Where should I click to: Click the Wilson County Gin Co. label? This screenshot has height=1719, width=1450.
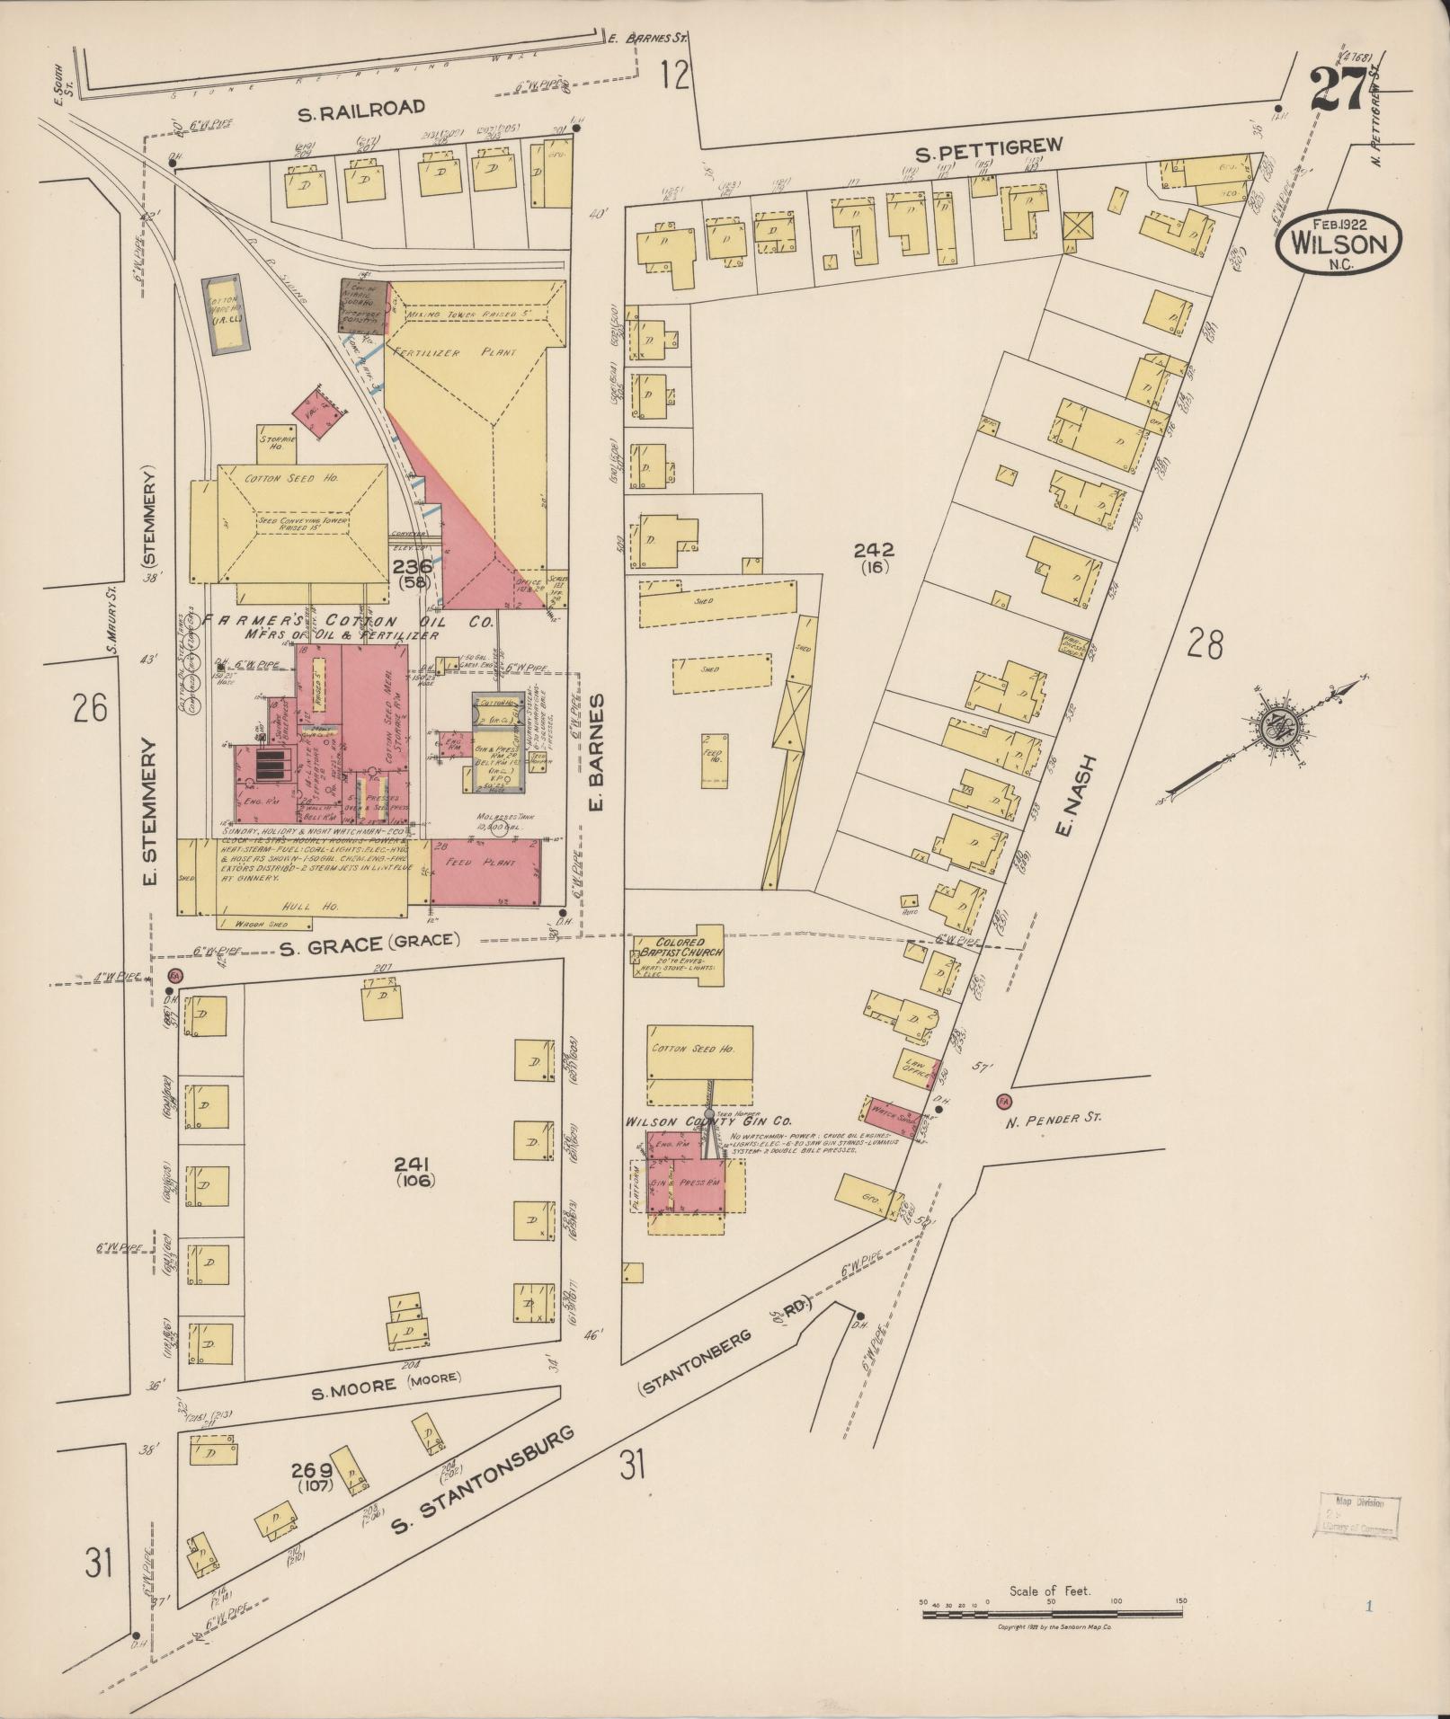click(708, 1121)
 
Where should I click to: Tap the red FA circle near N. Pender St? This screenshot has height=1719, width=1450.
click(1003, 1102)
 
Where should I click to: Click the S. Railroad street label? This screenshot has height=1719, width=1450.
click(362, 107)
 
